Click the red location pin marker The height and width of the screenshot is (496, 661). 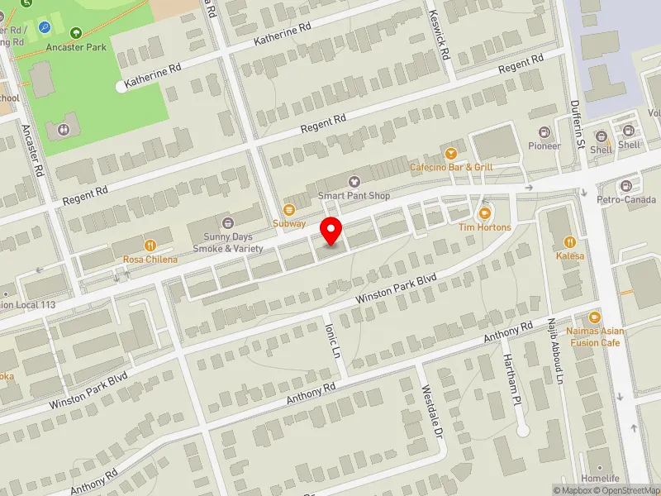pos(332,231)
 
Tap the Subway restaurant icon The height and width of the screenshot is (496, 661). pos(289,210)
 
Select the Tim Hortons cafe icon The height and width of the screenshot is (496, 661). pos(485,213)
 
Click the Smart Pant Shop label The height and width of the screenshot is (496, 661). pos(354,196)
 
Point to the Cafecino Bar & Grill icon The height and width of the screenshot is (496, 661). pos(451,153)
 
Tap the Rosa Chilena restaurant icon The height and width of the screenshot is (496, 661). pos(150,245)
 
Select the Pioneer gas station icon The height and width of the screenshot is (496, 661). pos(544,132)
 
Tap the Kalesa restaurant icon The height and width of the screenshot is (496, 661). pos(569,242)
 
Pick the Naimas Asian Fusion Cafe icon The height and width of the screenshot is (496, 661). pos(594,318)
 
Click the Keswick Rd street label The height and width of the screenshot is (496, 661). pos(439,34)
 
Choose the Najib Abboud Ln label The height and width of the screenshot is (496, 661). pos(555,351)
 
